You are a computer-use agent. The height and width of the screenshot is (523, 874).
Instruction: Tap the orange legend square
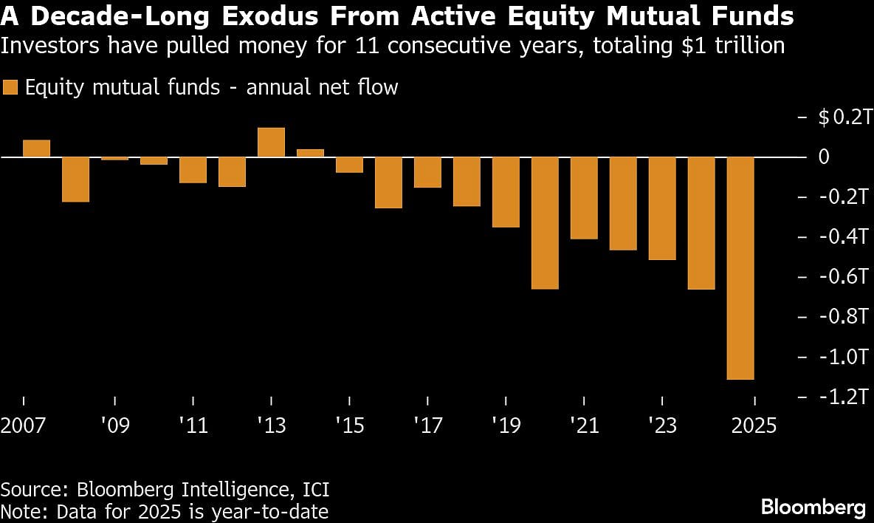10,87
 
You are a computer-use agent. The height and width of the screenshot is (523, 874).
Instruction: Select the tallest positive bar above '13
271,143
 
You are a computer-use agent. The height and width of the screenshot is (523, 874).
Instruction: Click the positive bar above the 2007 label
36,148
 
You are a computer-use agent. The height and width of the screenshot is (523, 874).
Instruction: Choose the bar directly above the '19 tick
506,192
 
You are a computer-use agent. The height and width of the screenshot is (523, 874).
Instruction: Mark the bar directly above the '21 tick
584,198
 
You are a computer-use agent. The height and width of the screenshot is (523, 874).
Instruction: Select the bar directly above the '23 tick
662,208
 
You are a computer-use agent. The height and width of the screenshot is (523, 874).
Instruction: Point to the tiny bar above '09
114,158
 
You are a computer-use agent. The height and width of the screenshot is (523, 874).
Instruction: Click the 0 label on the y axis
824,157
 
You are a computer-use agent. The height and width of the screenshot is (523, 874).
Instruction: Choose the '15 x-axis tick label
349,426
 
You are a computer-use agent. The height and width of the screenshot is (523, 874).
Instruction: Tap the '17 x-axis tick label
427,426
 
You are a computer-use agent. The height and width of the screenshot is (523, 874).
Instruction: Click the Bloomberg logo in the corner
813,507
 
